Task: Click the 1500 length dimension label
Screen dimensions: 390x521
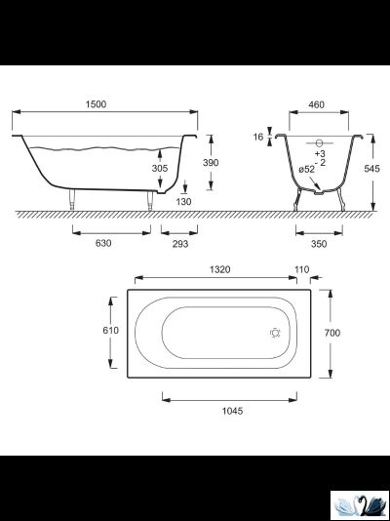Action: pyautogui.click(x=96, y=104)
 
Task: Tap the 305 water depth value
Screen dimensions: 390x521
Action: pyautogui.click(x=160, y=169)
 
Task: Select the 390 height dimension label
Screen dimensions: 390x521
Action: pyautogui.click(x=211, y=163)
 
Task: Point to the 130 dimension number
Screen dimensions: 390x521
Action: pyautogui.click(x=183, y=202)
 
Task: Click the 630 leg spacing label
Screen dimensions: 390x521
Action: pyautogui.click(x=103, y=243)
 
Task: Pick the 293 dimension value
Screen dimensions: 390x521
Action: pyautogui.click(x=180, y=244)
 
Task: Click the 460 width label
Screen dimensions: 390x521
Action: pyautogui.click(x=316, y=104)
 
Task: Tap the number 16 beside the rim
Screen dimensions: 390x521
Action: pyautogui.click(x=258, y=137)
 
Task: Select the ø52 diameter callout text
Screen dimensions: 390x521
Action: pyautogui.click(x=306, y=169)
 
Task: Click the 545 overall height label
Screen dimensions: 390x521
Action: pyautogui.click(x=371, y=169)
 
